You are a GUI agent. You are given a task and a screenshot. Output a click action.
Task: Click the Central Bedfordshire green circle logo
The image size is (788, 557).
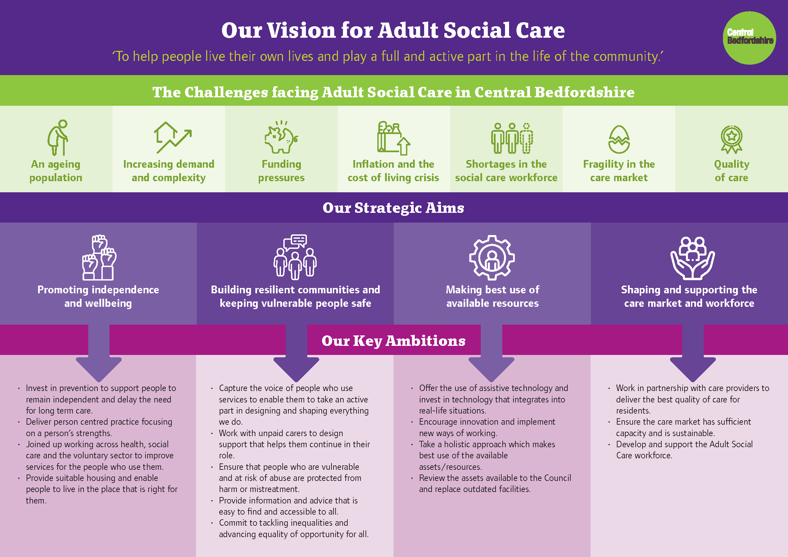(750, 38)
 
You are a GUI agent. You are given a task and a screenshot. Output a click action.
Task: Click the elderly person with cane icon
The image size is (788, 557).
(57, 137)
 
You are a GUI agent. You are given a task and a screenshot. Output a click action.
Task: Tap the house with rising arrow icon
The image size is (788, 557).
(172, 137)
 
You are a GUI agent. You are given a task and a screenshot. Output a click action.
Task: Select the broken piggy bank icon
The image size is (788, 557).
(281, 137)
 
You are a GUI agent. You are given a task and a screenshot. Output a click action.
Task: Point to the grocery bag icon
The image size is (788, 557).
(393, 138)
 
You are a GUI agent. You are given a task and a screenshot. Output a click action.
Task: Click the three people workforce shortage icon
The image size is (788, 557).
(512, 138)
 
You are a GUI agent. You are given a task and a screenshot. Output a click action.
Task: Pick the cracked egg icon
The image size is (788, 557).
(619, 139)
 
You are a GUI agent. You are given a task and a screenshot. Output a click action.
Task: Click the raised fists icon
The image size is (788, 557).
(99, 257)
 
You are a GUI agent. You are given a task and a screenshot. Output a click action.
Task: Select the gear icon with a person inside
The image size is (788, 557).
(492, 258)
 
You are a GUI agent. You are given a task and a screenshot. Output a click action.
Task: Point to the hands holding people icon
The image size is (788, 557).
(693, 258)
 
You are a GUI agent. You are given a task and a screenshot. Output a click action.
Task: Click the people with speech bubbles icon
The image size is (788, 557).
(295, 257)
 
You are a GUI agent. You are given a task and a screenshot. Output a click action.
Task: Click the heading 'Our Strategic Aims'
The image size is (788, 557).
(393, 207)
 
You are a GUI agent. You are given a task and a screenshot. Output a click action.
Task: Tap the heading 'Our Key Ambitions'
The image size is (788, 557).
(393, 340)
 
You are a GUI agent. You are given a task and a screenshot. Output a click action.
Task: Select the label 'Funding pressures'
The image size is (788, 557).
(281, 171)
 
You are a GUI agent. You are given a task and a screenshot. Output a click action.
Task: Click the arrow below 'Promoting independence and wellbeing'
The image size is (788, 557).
(99, 353)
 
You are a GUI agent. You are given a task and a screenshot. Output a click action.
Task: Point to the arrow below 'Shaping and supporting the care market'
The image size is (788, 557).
(693, 353)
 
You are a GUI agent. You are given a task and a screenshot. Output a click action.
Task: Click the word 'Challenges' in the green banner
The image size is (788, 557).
(226, 92)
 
